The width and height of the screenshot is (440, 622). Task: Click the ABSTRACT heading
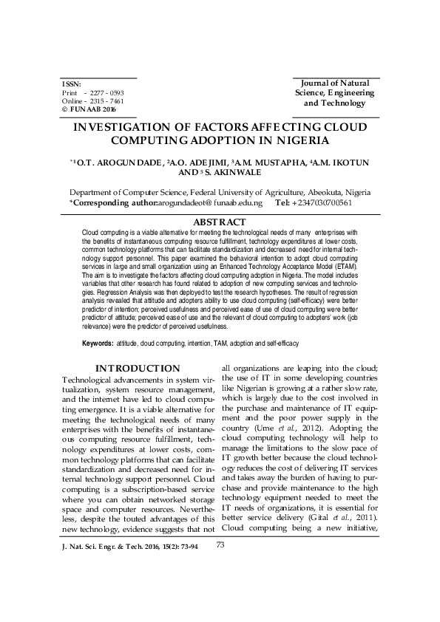(x=219, y=222)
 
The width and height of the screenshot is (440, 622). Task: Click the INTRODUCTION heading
(x=138, y=369)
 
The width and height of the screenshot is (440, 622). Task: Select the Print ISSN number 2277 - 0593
(x=109, y=93)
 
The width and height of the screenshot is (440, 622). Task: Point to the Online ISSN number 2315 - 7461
(x=109, y=101)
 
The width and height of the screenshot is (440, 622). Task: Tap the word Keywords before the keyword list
(x=97, y=344)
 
